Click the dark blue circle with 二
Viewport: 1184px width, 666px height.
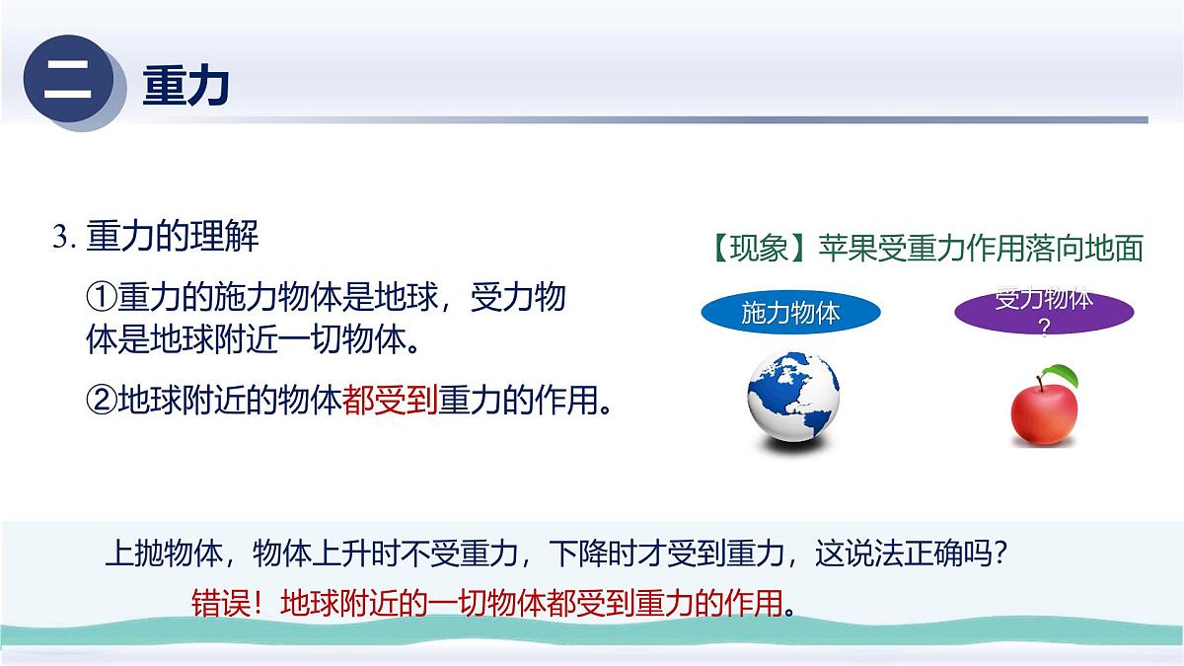click(67, 82)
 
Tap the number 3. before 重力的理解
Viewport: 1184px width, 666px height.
click(65, 239)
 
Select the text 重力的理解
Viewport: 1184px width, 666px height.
click(173, 238)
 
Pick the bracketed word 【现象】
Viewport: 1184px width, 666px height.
click(761, 248)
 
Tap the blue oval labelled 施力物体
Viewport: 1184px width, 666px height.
click(790, 314)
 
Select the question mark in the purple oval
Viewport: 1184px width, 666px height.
click(1044, 331)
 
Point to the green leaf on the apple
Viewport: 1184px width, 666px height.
click(1063, 374)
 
